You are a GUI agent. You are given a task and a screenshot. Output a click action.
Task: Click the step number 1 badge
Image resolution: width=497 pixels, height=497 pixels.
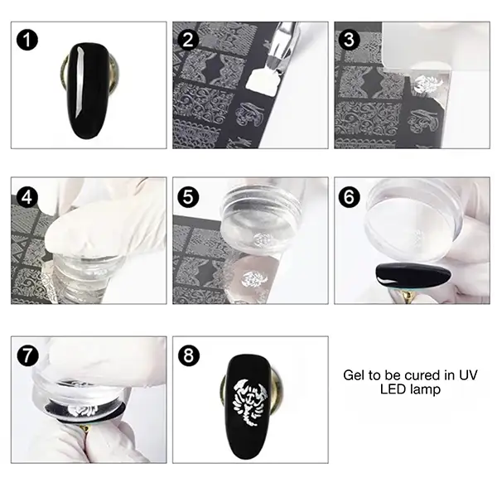coord(27,40)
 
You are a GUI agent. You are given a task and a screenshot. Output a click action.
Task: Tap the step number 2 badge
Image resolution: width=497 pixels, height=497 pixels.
coord(188,40)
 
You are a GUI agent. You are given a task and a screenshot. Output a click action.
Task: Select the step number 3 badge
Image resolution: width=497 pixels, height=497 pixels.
coord(350,40)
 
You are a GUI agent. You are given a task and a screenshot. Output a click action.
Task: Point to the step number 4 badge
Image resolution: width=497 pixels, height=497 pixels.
coord(27,197)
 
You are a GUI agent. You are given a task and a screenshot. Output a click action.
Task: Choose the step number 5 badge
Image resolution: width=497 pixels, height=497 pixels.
coord(188,197)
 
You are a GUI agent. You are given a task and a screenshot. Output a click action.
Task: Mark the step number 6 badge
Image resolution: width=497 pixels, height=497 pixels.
coord(350,197)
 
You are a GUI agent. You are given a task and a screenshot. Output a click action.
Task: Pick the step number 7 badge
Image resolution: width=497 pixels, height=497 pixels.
coord(28,355)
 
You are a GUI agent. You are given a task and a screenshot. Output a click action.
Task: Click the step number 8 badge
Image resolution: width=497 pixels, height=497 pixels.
coord(189,355)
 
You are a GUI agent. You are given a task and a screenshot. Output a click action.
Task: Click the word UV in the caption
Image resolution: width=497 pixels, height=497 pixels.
coord(468,375)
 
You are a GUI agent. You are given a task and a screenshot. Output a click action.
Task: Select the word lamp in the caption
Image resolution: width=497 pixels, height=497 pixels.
coord(425,389)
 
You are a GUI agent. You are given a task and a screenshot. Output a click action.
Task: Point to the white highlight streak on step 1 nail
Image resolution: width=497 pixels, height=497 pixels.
coord(79,82)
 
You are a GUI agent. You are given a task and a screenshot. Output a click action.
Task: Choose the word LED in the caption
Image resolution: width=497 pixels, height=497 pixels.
coord(393,389)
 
